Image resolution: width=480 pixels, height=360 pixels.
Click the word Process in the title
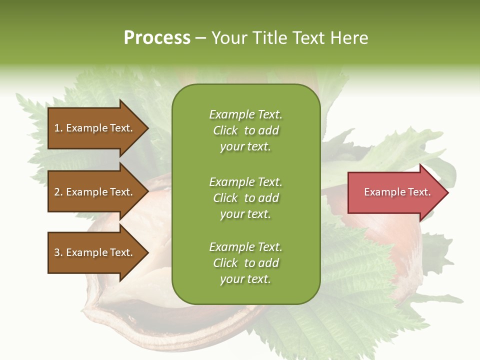(157, 38)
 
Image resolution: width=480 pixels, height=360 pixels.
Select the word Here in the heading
(349, 38)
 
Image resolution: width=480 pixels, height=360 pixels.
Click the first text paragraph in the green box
(245, 130)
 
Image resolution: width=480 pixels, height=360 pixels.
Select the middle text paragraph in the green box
(245, 198)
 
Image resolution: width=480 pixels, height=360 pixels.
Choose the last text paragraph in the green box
(245, 263)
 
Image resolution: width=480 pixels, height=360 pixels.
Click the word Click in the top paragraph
(225, 130)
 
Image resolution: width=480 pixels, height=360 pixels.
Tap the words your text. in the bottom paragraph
(245, 279)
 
